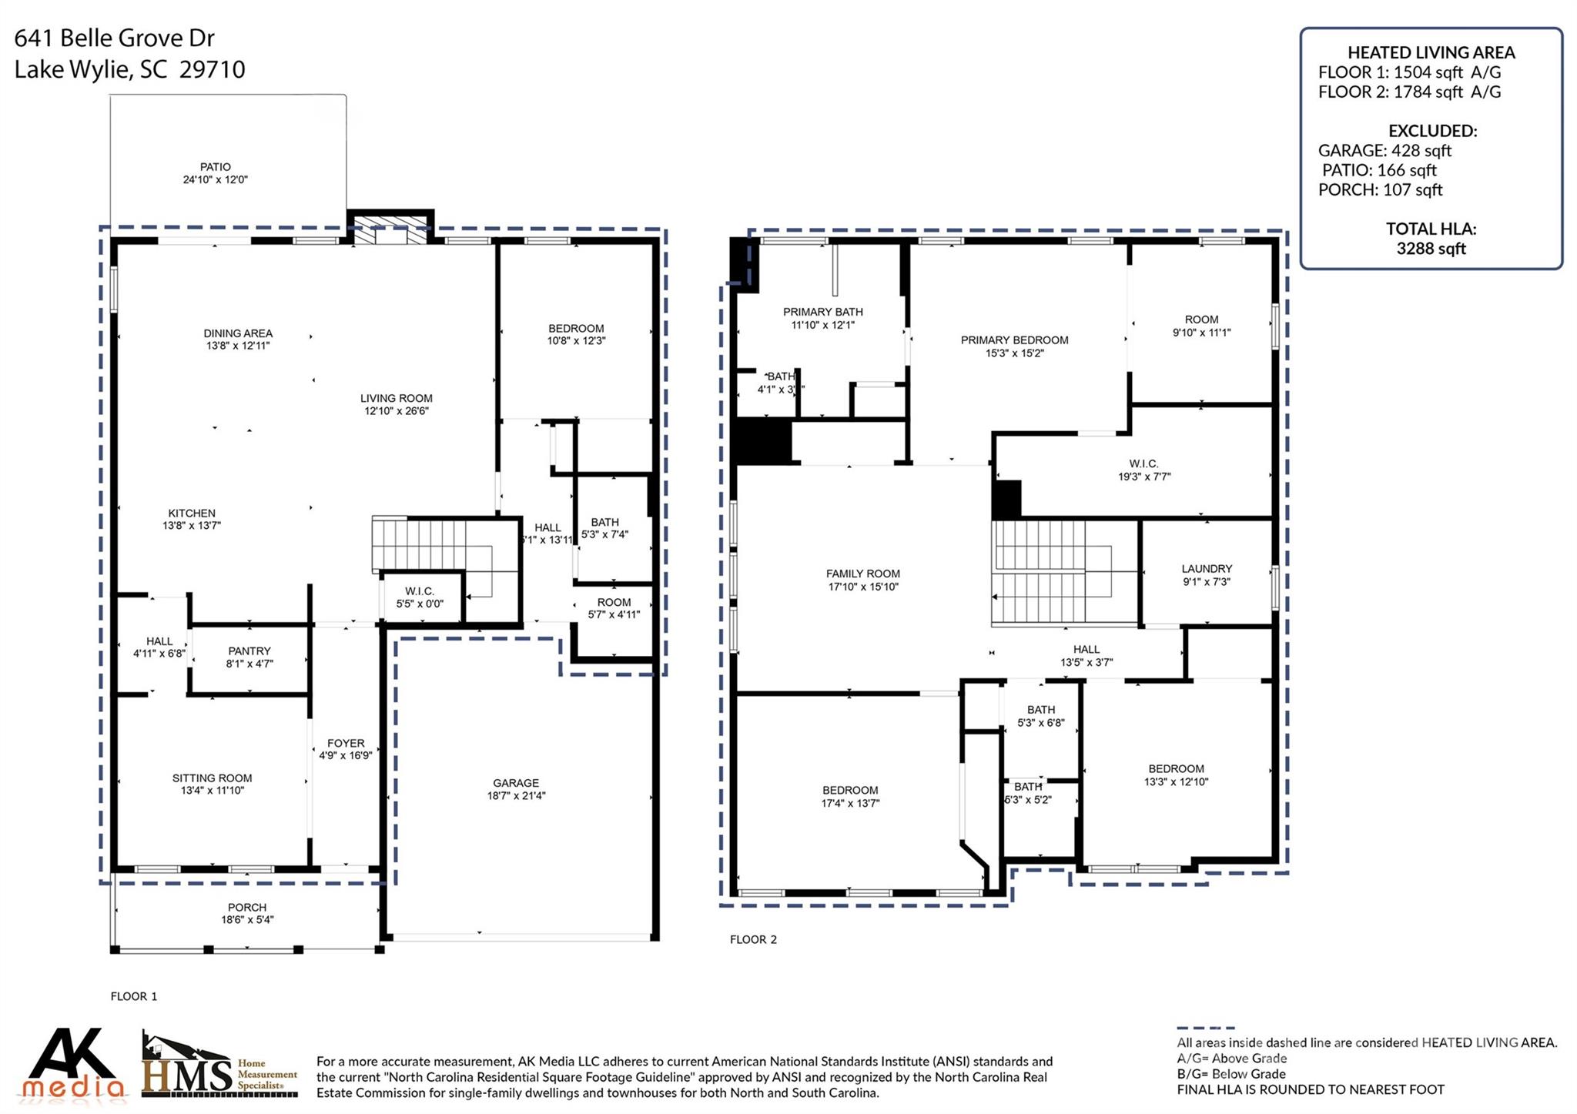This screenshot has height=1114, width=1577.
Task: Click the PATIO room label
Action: (x=215, y=167)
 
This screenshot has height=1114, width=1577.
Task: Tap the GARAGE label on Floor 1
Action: (x=515, y=783)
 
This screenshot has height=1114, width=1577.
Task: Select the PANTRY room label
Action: (x=249, y=651)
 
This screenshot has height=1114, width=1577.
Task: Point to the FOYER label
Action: (x=346, y=743)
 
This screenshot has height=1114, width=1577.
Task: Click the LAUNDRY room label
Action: (x=1207, y=569)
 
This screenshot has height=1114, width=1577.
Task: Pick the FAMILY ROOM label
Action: (x=862, y=574)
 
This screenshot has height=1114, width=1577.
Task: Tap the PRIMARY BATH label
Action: (x=822, y=312)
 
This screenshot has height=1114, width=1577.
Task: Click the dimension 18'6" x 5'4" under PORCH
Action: (x=247, y=920)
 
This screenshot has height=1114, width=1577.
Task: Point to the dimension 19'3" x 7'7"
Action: (x=1144, y=477)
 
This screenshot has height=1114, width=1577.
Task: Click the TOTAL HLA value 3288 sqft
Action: (x=1431, y=249)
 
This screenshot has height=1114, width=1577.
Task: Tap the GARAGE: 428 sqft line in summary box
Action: (x=1384, y=151)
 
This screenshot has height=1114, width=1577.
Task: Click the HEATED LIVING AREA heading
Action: (x=1431, y=53)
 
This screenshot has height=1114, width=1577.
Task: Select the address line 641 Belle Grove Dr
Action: (x=114, y=38)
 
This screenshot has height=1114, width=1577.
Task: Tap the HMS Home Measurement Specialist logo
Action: (x=219, y=1066)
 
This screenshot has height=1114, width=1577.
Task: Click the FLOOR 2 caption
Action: (x=753, y=939)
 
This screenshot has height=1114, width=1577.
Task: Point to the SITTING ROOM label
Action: (x=212, y=778)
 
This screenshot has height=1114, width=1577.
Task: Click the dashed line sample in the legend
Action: (x=1205, y=1029)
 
